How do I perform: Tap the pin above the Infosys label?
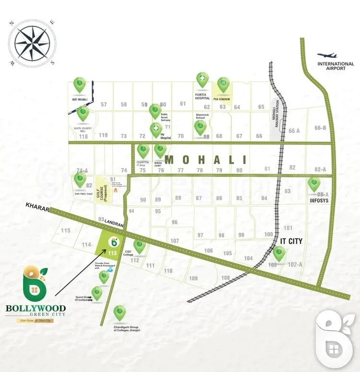coord(314,184)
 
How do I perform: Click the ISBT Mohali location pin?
coord(80,85)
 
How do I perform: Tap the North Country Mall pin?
coord(83,113)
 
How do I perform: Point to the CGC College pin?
coord(140,246)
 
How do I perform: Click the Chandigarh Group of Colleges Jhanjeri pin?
coord(119,313)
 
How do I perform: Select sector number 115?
coord(66,231)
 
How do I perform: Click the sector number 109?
coord(193,279)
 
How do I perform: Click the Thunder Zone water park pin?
coord(104,276)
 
